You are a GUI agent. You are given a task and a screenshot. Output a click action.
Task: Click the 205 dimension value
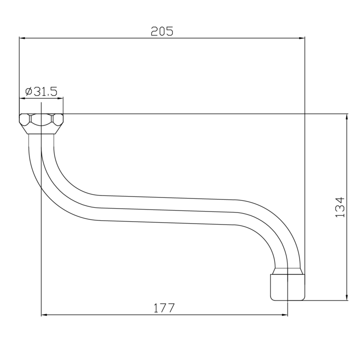click(x=162, y=31)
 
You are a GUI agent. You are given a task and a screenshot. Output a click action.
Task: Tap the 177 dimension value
click(x=165, y=308)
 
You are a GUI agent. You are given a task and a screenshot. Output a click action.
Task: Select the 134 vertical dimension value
click(x=340, y=207)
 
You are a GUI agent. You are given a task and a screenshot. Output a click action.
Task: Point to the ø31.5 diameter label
click(x=41, y=91)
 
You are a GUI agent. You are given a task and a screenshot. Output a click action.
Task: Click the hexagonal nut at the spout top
click(x=41, y=124)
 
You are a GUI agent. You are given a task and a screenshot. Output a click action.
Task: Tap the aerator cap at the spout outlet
click(x=288, y=287)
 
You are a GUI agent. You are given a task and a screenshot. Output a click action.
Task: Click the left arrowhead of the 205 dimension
click(x=22, y=38)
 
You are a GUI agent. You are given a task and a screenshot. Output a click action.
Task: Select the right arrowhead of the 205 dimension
click(x=302, y=38)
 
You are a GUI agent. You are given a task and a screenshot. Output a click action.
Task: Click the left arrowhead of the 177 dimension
click(x=44, y=315)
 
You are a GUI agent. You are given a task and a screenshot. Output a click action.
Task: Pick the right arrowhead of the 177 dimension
click(x=285, y=315)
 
